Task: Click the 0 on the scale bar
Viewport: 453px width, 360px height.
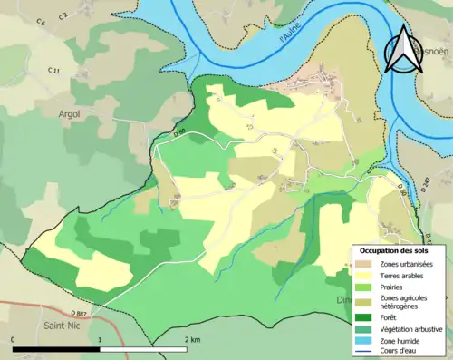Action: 14,339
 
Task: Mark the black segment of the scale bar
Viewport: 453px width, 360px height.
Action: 59,349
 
